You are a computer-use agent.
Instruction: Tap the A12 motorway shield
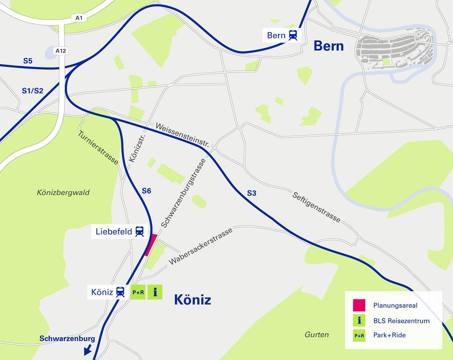coord(61,51)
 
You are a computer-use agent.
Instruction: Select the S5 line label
coord(28,61)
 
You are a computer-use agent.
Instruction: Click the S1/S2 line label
coord(33,91)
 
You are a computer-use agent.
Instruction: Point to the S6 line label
coord(147,191)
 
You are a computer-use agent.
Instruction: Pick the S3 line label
coord(251,193)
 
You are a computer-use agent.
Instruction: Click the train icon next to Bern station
coord(293,35)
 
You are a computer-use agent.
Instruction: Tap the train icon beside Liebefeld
coord(139,232)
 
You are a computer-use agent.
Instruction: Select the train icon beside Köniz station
coord(120,292)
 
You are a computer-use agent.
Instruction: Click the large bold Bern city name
coord(328,46)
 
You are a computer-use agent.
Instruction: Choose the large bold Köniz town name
coord(193,300)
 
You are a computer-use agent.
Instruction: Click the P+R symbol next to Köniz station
coord(138,292)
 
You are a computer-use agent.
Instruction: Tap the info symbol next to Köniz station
coord(155,292)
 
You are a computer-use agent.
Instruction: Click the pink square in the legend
coord(359,305)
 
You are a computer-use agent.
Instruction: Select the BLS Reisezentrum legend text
coord(401,321)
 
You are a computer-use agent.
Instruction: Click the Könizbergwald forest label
coord(63,193)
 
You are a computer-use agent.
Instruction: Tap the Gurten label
coord(316,335)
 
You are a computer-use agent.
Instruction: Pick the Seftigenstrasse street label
coord(316,207)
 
